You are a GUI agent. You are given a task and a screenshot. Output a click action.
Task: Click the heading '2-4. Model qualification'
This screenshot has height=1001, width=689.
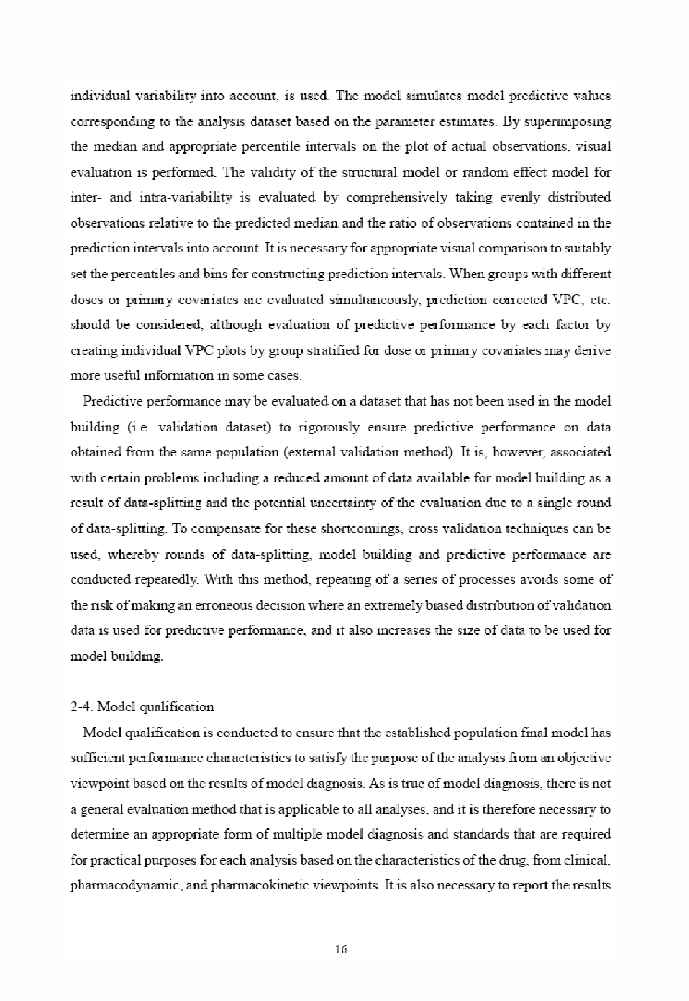pyautogui.click(x=142, y=707)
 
